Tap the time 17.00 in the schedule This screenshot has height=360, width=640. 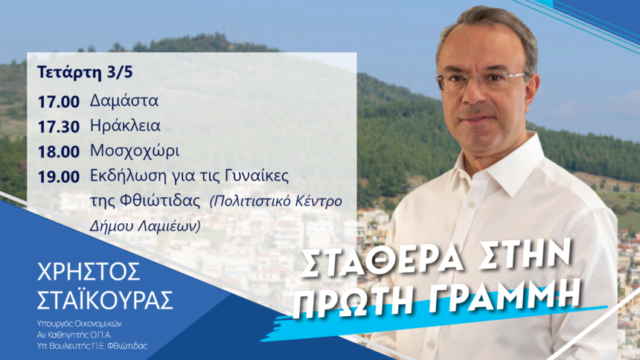point(57,100)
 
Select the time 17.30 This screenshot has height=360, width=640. point(57,126)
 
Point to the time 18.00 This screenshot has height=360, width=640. point(57,151)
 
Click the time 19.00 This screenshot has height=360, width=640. point(57,177)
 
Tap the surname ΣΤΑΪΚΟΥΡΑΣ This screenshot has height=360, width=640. point(105,299)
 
